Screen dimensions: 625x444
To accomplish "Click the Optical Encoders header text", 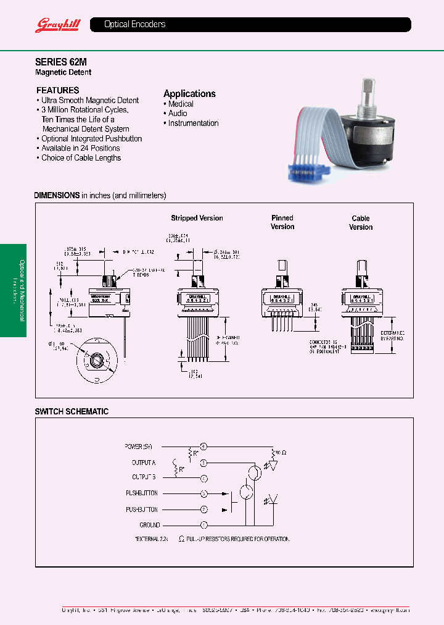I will point(134,25).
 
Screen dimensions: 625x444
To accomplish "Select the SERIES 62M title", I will point(56,62).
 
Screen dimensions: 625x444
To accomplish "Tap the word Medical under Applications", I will point(181,104).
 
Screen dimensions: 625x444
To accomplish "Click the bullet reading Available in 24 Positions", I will point(80,148).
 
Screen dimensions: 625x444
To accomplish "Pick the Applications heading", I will point(189,93).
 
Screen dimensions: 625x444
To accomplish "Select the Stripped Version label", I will point(197,218).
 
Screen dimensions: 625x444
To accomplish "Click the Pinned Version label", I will point(282,222).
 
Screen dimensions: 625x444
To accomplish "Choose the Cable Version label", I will point(361,222).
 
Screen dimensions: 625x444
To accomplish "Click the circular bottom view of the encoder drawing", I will point(97,359).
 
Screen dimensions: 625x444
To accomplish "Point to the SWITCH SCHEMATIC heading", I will point(72,411).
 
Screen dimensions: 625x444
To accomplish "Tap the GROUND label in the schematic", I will point(149,525).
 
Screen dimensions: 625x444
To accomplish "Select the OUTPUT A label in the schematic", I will point(144,462).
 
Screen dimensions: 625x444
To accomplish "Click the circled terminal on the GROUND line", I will point(204,525).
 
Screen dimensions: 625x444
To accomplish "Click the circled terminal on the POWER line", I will point(204,446).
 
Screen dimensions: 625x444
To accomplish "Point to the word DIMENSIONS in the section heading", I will point(57,195).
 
